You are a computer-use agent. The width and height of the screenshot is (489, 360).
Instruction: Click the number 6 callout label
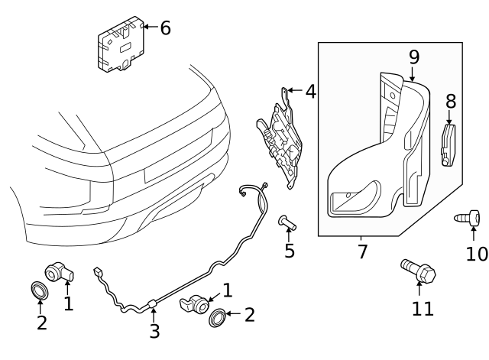pos(165,28)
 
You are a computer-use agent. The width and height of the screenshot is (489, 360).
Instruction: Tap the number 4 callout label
pos(309,92)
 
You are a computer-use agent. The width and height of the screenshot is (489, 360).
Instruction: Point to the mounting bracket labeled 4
pos(281,138)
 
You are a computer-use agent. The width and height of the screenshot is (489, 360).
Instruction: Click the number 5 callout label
pos(289,251)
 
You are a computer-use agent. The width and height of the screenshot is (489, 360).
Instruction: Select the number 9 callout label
pos(414,56)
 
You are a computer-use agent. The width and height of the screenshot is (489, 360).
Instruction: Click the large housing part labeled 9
pos(382,153)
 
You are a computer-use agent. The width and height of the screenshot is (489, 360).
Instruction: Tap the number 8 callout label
pos(451,101)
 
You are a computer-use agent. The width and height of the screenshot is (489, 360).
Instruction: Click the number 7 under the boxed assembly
pos(362,251)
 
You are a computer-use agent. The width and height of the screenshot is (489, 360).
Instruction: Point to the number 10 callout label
pos(476,252)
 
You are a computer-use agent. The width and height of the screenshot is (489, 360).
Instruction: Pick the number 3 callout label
pos(154,331)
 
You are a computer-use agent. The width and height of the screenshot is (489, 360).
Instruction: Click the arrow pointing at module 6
pos(147,28)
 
